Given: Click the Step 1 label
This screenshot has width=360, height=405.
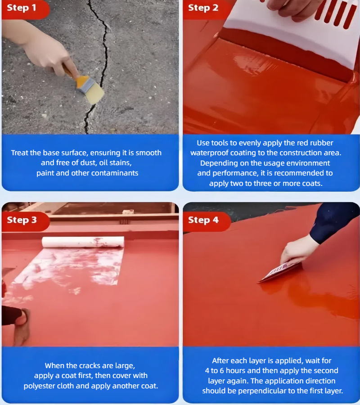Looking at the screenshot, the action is [22, 8].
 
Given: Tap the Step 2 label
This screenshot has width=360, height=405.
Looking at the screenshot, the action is [203, 8].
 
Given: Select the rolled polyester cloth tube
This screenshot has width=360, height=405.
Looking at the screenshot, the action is [83, 242].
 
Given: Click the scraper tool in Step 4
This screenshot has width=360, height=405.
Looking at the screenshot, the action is [280, 273].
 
